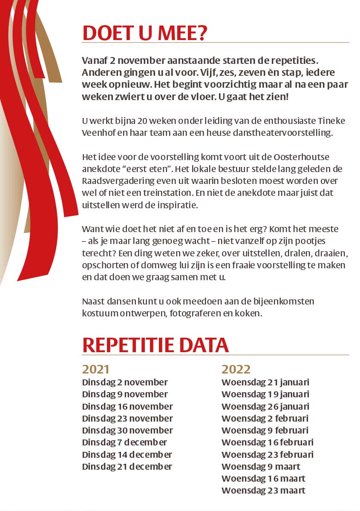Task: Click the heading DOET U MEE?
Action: click(x=144, y=33)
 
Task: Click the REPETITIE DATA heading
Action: click(x=156, y=345)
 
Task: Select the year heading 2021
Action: click(x=96, y=369)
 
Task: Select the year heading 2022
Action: click(x=236, y=369)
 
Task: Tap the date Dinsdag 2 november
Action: click(x=125, y=382)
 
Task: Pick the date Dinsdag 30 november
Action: click(x=127, y=430)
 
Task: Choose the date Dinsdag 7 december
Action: click(x=124, y=442)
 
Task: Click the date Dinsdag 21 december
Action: click(x=127, y=467)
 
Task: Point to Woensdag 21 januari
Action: click(x=265, y=382)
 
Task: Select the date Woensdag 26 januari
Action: click(x=265, y=406)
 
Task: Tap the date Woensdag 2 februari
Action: click(x=265, y=418)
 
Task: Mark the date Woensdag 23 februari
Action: click(x=268, y=455)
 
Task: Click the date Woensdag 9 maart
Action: click(x=261, y=467)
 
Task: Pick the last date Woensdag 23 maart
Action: click(x=263, y=491)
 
